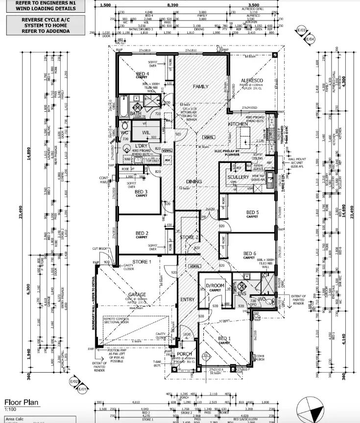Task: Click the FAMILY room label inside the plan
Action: point(200,87)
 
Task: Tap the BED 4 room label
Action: point(143,74)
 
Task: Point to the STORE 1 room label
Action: point(142,261)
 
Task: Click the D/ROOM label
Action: point(215,285)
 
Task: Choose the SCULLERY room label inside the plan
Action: point(239,177)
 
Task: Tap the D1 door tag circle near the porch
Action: point(206,355)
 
